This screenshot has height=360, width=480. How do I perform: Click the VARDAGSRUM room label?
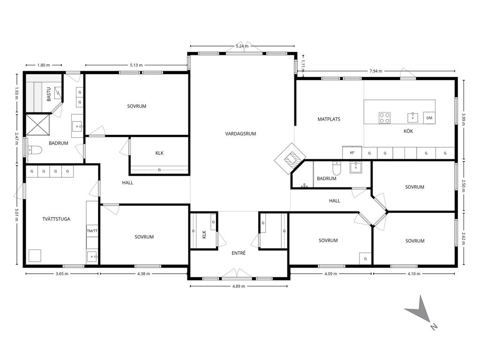(x=240, y=134)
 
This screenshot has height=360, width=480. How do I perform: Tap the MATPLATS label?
(x=329, y=119)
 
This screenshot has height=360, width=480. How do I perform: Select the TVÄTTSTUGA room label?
(x=56, y=219)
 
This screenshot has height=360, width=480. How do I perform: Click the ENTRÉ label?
(x=239, y=253)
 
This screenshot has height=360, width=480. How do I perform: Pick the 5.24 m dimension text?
(x=242, y=46)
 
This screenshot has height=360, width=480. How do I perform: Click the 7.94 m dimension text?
(x=376, y=71)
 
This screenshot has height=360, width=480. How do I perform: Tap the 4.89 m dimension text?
(x=239, y=286)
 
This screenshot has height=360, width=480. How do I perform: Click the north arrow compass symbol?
(x=421, y=312)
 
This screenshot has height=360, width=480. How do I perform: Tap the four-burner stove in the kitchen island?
(x=384, y=118)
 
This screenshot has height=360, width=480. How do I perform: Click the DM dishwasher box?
(x=429, y=118)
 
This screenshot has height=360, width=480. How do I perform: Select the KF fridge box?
(x=352, y=152)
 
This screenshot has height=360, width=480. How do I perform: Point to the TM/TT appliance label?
(x=92, y=231)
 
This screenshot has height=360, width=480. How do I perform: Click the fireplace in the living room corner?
(x=290, y=158)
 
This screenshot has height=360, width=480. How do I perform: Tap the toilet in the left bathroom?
(x=34, y=150)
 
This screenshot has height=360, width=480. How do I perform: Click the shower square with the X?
(x=37, y=125)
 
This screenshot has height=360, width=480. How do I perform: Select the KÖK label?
(x=408, y=131)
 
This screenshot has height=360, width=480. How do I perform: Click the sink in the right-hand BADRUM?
(x=356, y=167)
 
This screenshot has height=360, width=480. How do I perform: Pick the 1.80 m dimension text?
(x=44, y=65)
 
